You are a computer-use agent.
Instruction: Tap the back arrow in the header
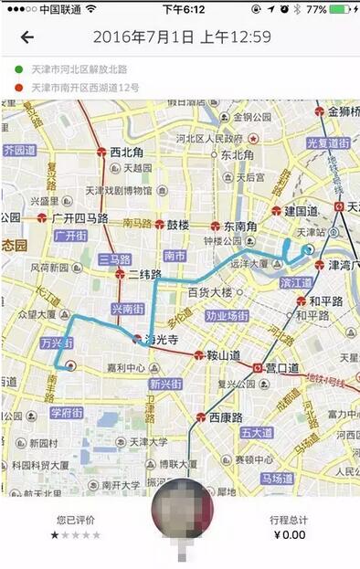pos(27,37)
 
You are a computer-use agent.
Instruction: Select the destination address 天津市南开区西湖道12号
pos(85,88)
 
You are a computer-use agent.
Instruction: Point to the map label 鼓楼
pos(176,225)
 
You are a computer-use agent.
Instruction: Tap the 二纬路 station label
pos(144,274)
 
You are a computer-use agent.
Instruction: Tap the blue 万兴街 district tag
pos(58,343)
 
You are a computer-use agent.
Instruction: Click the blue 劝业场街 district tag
pos(227,316)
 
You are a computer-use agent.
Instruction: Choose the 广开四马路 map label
pos(80,218)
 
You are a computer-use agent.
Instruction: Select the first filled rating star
pos(54,535)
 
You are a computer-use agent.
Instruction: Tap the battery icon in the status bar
pos(339,9)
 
